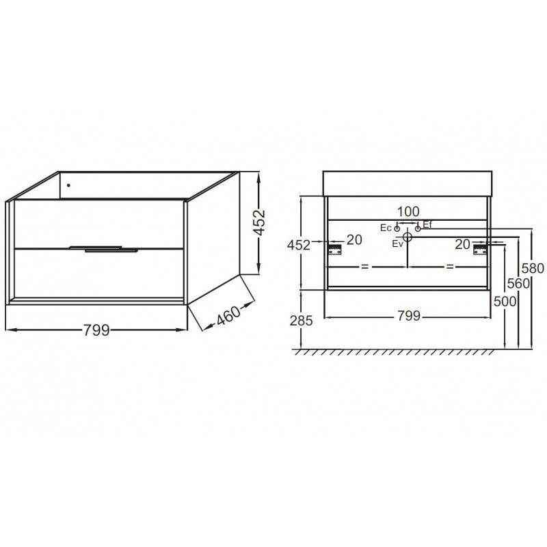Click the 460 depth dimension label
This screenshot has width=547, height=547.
(x=228, y=315)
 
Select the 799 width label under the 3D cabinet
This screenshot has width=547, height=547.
(x=96, y=330)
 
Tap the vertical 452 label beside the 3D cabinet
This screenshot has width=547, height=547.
(x=259, y=223)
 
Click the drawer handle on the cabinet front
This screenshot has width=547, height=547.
(x=104, y=249)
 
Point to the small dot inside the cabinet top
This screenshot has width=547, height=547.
(x=68, y=185)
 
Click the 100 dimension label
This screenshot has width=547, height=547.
(x=408, y=211)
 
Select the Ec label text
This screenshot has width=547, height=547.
(x=386, y=228)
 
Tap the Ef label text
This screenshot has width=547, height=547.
(x=427, y=224)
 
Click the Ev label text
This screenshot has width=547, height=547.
(x=397, y=243)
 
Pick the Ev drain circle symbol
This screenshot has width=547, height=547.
(x=408, y=237)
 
